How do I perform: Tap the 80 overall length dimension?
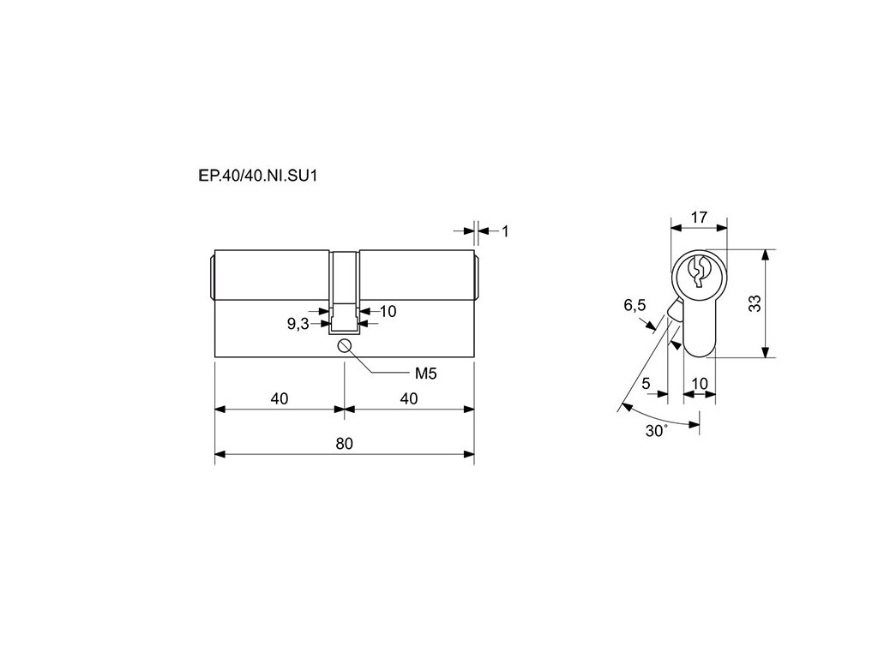[x=344, y=443]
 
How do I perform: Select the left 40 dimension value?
[x=279, y=398]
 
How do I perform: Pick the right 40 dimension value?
[x=408, y=398]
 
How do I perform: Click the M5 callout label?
[x=426, y=374]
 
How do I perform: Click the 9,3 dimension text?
[x=298, y=324]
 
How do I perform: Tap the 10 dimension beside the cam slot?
[x=388, y=311]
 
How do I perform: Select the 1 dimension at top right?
[x=505, y=230]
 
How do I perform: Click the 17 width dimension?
[x=699, y=217]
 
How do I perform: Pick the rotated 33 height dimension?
[x=755, y=303]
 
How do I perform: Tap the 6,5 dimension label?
[x=634, y=305]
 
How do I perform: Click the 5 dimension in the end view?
[x=646, y=383]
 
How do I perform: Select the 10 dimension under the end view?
[x=700, y=383]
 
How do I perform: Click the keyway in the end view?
[x=699, y=271]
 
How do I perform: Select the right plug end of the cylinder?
[x=476, y=274]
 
